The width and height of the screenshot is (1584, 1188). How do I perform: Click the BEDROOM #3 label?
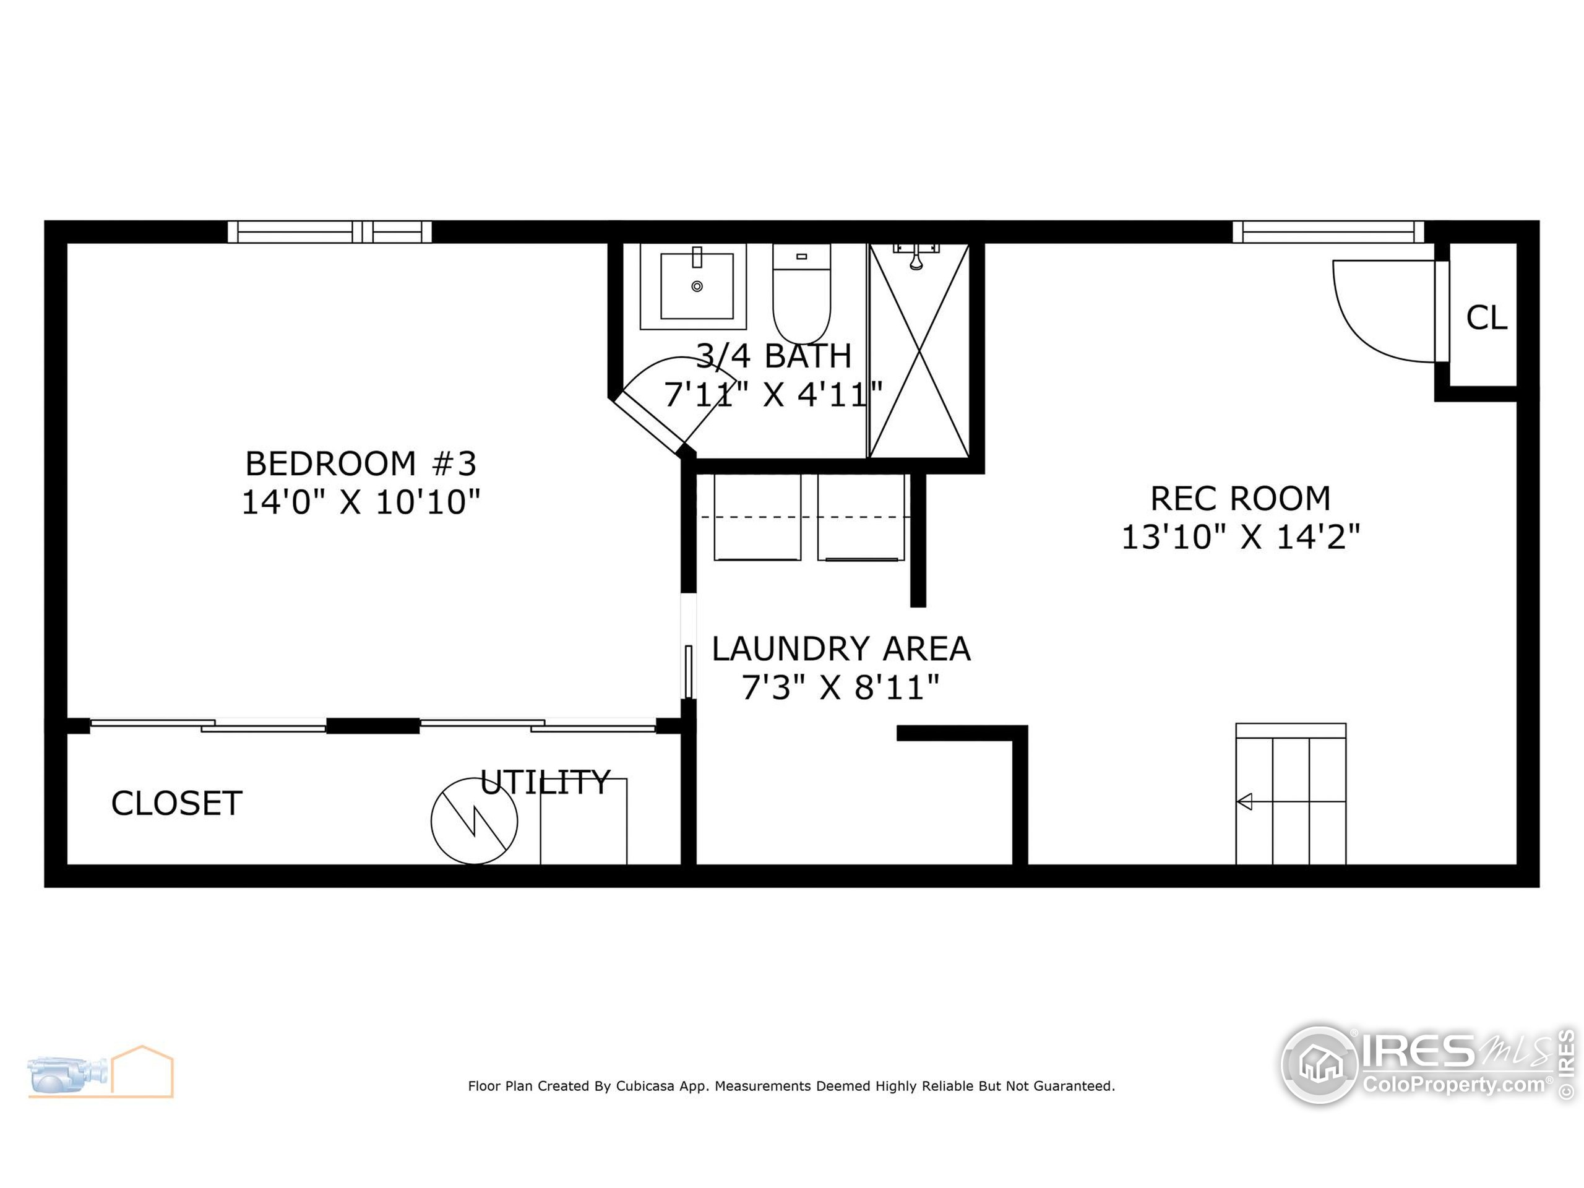click(x=360, y=463)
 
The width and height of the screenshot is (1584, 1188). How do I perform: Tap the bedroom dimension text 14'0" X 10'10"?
click(x=360, y=502)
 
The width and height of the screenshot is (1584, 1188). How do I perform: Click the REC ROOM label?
click(x=1239, y=498)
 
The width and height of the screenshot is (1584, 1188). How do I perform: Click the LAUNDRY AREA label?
click(x=841, y=649)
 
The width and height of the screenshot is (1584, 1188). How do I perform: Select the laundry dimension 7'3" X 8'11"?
click(x=841, y=687)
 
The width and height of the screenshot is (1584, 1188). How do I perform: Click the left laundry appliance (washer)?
click(x=757, y=517)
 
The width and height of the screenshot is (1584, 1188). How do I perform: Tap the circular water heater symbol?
click(x=474, y=821)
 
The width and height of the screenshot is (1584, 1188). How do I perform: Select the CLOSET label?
click(x=176, y=804)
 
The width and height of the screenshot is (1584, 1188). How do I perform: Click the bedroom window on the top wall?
click(x=329, y=232)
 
